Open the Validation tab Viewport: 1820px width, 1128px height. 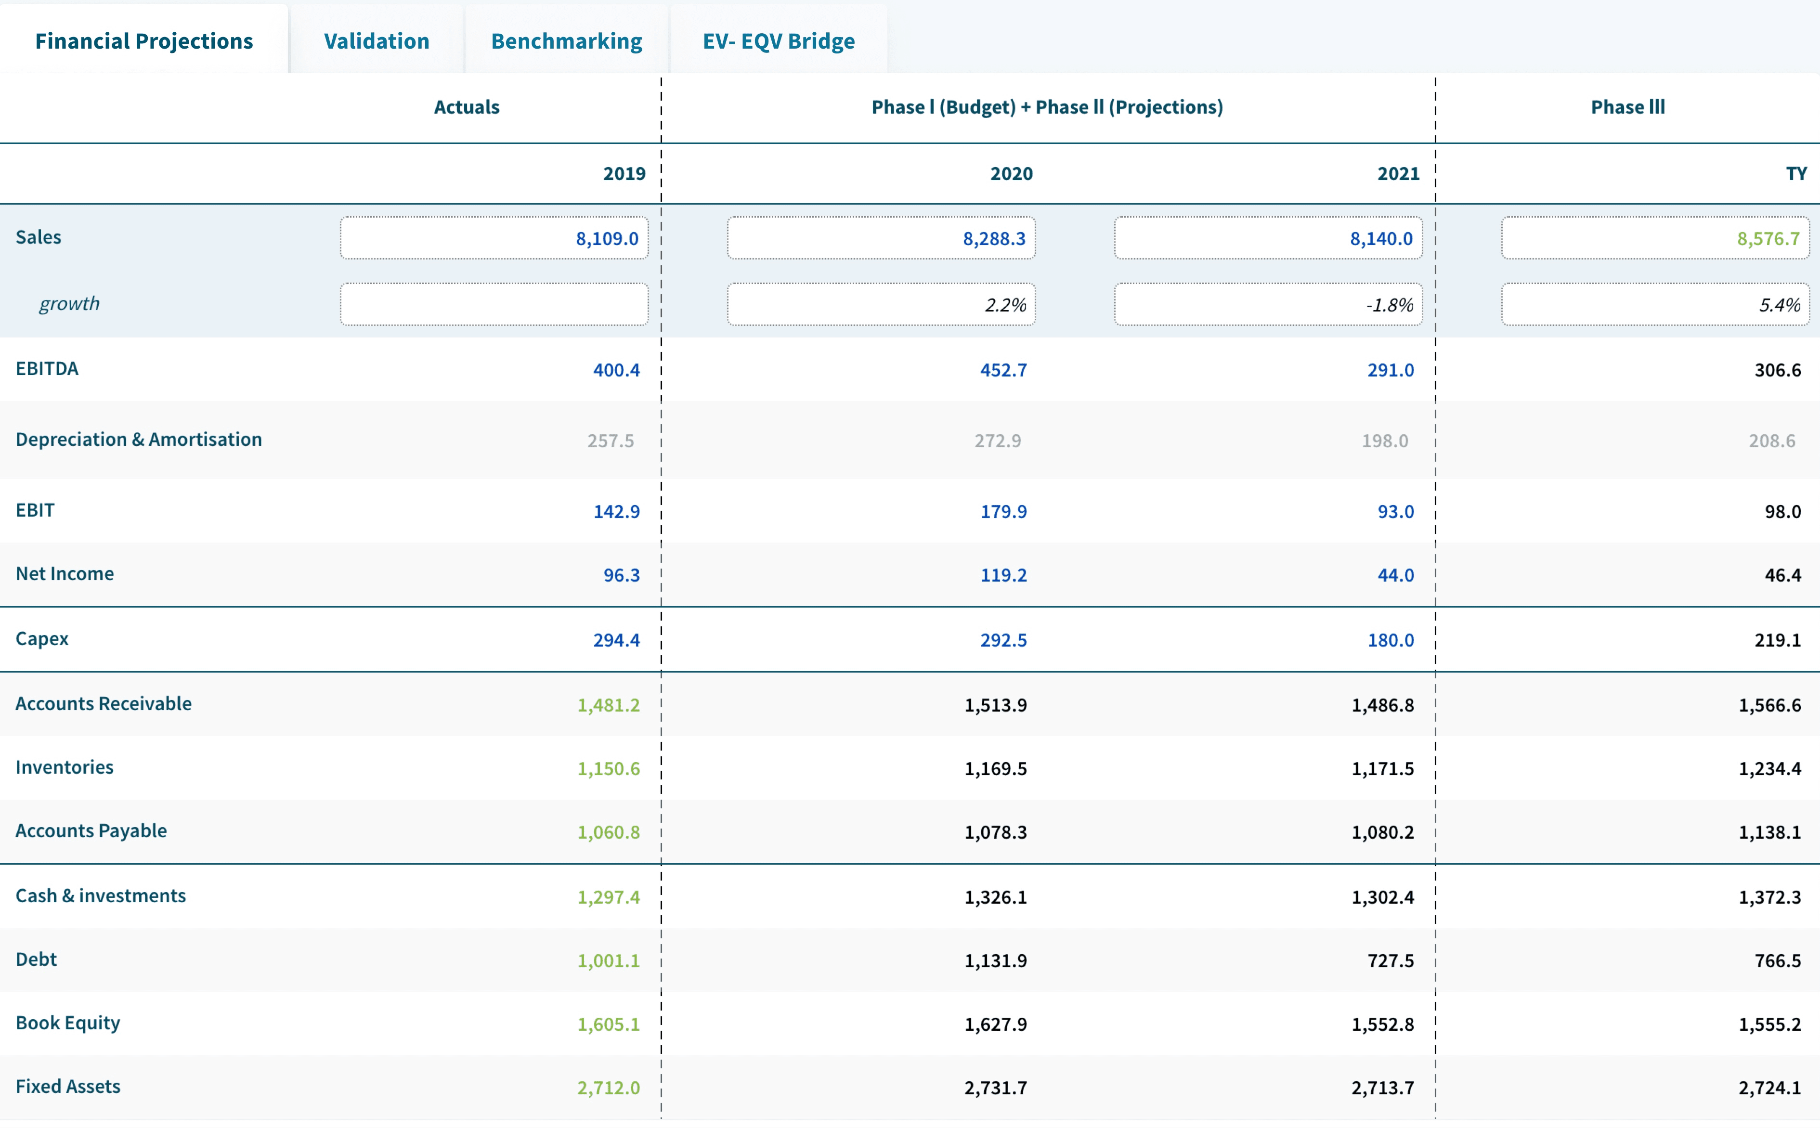(x=376, y=40)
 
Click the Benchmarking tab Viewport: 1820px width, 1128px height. (x=566, y=40)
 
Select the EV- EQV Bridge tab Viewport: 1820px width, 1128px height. (x=778, y=40)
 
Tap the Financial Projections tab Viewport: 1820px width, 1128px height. (x=144, y=40)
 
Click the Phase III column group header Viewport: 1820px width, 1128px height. (x=1627, y=107)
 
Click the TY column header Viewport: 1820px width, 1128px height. (x=1795, y=174)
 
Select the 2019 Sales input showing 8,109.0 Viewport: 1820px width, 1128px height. (x=494, y=238)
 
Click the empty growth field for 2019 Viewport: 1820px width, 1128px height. (x=494, y=304)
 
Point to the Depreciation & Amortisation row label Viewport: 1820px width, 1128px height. (x=139, y=440)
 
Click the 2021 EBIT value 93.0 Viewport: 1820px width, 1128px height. (x=1395, y=512)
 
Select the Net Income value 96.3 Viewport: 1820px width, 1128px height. (x=621, y=575)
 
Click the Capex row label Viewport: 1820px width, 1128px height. (x=42, y=638)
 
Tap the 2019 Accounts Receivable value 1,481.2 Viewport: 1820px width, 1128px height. (x=608, y=705)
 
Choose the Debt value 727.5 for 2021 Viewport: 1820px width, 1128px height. (x=1390, y=961)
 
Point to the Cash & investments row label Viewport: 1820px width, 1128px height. (x=101, y=896)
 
